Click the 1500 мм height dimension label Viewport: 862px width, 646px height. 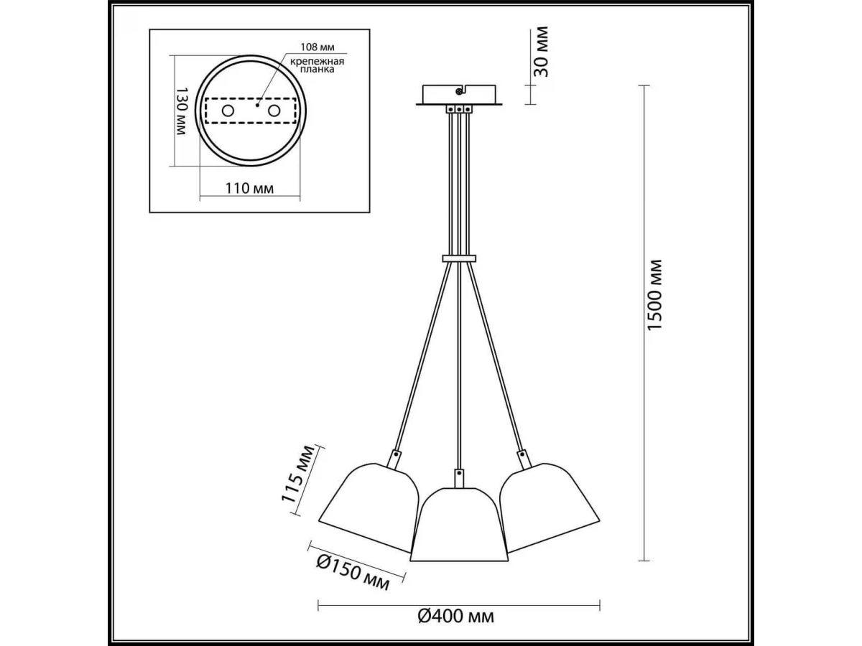point(654,295)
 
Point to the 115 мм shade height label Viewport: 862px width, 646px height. point(299,474)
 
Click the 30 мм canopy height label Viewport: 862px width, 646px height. point(540,52)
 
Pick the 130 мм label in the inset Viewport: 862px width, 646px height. point(181,111)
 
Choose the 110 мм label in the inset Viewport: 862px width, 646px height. point(249,188)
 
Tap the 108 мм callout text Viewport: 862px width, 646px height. point(318,47)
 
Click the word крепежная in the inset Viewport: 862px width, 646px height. point(317,62)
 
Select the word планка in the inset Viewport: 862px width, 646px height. point(317,70)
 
